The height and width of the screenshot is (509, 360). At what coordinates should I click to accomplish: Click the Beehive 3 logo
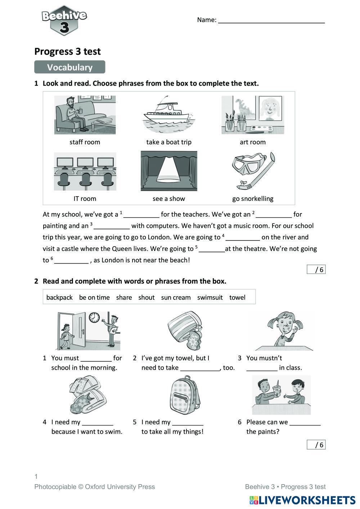point(64,21)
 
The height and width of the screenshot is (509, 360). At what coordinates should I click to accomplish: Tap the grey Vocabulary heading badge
point(69,67)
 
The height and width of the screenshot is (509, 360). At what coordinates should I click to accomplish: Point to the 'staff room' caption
point(85,142)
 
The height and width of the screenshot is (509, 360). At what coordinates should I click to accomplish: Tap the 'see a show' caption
point(168,199)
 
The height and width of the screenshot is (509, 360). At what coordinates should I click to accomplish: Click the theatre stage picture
point(169,171)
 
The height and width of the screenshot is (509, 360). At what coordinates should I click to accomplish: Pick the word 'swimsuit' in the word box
point(210,297)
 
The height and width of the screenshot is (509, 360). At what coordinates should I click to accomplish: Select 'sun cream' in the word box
point(176,297)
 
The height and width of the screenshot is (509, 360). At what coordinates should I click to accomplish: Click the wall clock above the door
point(94,317)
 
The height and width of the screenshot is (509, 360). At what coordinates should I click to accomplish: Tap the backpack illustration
point(185,395)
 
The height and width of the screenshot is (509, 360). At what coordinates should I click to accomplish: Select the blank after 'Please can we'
point(305,423)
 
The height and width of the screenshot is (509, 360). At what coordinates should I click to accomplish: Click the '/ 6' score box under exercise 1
point(316,270)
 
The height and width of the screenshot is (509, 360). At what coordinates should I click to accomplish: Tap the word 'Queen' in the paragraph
point(122,249)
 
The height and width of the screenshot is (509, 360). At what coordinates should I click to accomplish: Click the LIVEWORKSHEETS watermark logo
point(302,500)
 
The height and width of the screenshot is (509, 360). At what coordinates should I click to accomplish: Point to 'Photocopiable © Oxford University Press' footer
point(95,487)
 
